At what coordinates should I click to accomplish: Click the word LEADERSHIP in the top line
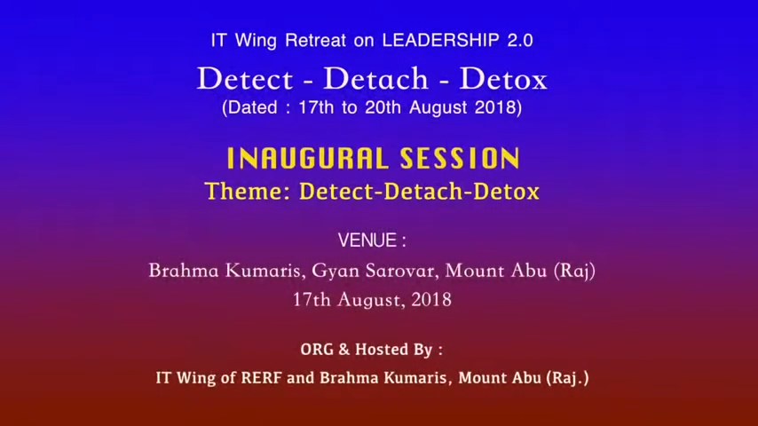441,40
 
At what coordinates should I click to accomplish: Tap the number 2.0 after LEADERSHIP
520,40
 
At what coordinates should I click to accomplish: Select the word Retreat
316,40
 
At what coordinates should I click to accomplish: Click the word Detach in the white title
375,78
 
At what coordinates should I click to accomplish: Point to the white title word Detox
503,78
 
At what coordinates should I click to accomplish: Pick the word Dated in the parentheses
252,107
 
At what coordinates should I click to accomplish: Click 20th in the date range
383,107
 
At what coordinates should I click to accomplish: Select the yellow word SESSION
460,159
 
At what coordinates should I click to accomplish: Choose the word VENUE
367,241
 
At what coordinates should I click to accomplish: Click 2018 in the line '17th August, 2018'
431,300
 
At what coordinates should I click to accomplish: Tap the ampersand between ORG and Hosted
343,349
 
